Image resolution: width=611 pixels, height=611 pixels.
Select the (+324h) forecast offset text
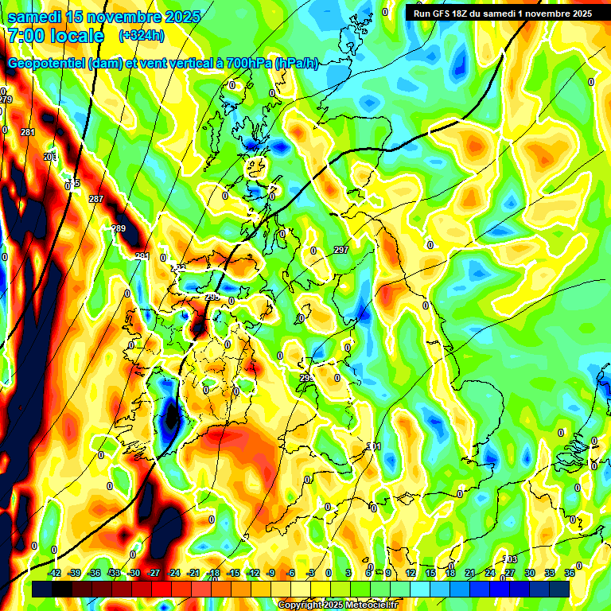click(x=142, y=36)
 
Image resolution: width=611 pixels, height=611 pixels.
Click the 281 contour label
click(x=28, y=132)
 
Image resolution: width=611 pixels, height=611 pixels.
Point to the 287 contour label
click(x=96, y=199)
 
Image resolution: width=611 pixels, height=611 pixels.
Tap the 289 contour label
click(x=119, y=228)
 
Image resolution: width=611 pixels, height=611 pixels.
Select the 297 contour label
click(x=341, y=250)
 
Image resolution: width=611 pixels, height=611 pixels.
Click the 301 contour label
click(x=375, y=446)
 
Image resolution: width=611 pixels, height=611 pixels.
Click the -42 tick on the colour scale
click(x=54, y=574)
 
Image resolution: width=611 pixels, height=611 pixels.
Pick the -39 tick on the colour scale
click(x=74, y=574)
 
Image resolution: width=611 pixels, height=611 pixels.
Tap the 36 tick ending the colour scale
click(x=570, y=574)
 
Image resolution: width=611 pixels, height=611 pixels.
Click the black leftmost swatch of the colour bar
click(x=42, y=589)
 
